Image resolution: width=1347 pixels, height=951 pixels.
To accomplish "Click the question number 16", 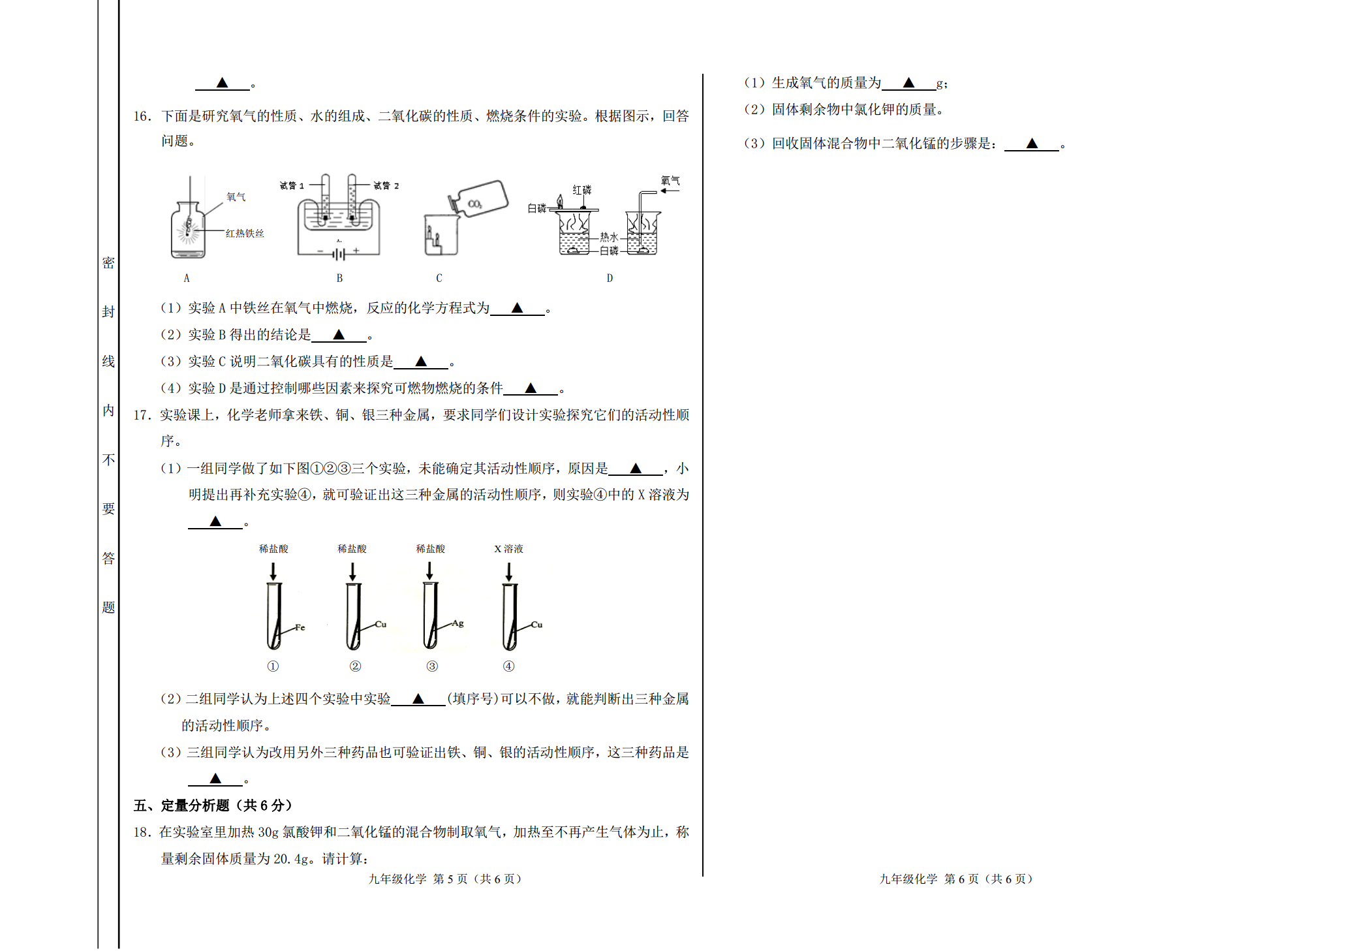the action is (x=142, y=116).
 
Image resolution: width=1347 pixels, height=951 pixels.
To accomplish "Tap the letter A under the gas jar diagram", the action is (x=187, y=278).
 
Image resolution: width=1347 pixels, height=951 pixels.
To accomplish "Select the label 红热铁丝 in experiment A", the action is (x=245, y=233).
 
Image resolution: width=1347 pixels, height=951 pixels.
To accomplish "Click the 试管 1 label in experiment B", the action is (x=292, y=186).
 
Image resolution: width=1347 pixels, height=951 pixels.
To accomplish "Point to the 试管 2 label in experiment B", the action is (x=386, y=186).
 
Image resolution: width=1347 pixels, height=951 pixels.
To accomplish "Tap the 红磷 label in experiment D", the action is (x=582, y=190).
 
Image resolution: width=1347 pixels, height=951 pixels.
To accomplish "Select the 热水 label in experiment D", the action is (x=609, y=237).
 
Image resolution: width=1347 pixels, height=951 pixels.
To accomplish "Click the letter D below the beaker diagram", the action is (x=610, y=278).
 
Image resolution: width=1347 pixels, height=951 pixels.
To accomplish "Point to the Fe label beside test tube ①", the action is (x=300, y=627).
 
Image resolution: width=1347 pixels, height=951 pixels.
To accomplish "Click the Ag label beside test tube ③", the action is (x=458, y=623).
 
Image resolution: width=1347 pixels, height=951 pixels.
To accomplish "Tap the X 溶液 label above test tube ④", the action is (x=508, y=549).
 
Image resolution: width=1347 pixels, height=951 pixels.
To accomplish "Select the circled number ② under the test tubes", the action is (x=355, y=666).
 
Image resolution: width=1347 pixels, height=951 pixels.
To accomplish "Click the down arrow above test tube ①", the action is (x=273, y=572).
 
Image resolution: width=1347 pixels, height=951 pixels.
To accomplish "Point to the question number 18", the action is (x=142, y=832).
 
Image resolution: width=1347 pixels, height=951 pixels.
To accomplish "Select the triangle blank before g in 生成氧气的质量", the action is (x=908, y=83).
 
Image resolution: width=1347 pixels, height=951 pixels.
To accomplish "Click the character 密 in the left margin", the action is (x=108, y=263).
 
